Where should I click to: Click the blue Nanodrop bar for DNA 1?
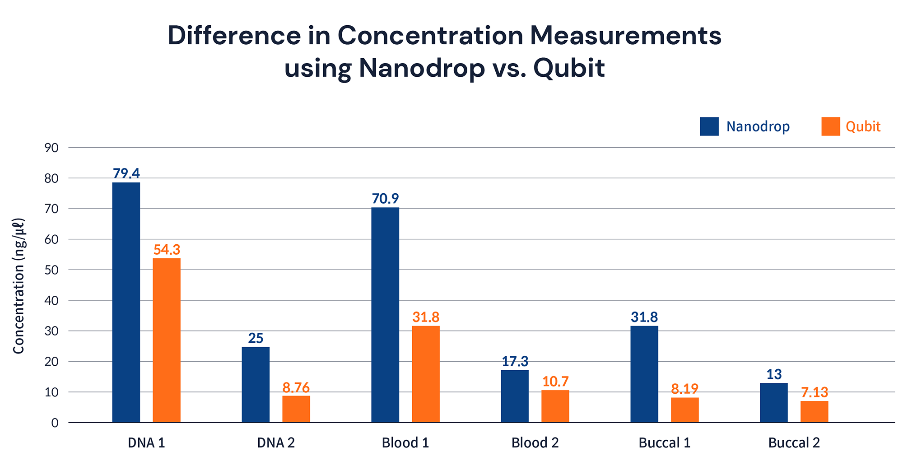[126, 303]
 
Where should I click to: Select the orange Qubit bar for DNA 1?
[167, 340]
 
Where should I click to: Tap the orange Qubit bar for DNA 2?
[296, 409]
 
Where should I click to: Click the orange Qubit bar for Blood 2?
[555, 406]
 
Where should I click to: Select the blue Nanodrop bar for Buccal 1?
[644, 374]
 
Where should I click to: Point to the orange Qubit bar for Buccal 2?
[814, 412]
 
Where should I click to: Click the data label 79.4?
[126, 173]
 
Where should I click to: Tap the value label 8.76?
[296, 388]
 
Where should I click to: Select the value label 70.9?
[385, 199]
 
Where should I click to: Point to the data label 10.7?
[555, 382]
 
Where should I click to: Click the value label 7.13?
[815, 392]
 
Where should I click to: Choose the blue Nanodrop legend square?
[709, 126]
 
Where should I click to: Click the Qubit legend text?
[863, 126]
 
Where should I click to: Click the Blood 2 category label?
[535, 443]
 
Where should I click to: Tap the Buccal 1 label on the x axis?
[664, 443]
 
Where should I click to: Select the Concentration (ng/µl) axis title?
[19, 286]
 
